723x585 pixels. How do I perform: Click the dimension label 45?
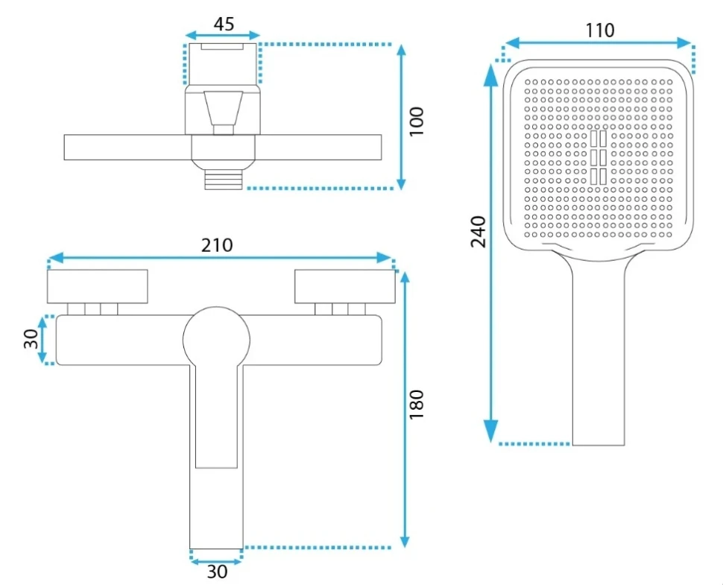click(x=224, y=24)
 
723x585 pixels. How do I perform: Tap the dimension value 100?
click(x=417, y=121)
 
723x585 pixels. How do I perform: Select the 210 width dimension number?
click(x=217, y=244)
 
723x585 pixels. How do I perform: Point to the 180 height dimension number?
click(x=417, y=404)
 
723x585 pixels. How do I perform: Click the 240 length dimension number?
click(x=479, y=232)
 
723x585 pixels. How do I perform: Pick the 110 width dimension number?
click(x=600, y=31)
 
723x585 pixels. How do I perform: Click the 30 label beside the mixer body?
click(x=31, y=339)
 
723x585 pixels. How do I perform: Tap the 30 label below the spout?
click(x=217, y=572)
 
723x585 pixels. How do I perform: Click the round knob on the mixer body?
click(x=216, y=341)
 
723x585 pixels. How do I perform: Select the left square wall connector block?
click(x=98, y=286)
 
